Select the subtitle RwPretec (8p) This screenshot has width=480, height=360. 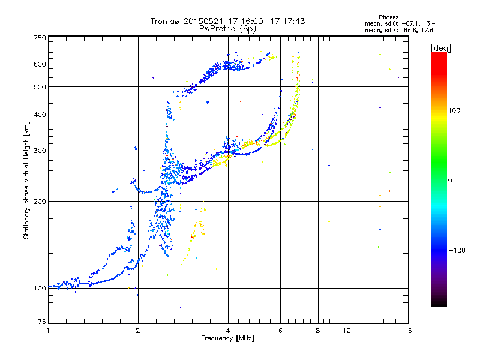[228, 28]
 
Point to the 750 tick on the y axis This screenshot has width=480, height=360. [40, 38]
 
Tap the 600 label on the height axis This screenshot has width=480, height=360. [40, 64]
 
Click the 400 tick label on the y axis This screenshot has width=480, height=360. [40, 115]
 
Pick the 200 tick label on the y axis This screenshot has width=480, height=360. [40, 201]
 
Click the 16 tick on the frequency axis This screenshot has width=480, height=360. [407, 331]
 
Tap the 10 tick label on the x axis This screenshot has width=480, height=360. [347, 331]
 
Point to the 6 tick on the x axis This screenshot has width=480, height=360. [280, 331]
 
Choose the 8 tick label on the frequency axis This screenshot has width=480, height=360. [317, 331]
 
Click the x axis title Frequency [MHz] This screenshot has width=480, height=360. [228, 338]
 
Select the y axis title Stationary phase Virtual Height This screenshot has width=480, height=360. [26, 180]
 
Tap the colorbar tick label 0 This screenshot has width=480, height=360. [451, 180]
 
